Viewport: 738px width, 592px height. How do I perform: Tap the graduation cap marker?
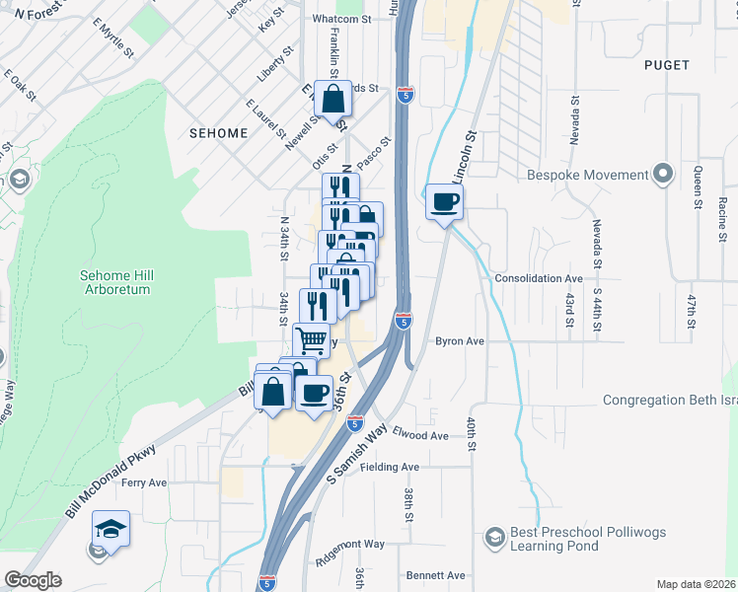click(111, 530)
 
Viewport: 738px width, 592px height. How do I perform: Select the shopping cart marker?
click(312, 340)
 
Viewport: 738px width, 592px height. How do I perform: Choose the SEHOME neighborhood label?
click(219, 133)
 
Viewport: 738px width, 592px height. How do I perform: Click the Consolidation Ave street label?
click(539, 279)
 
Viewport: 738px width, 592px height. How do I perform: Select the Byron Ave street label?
click(460, 341)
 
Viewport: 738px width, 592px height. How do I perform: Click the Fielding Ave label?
click(390, 467)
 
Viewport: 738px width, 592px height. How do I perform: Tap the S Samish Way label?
click(355, 453)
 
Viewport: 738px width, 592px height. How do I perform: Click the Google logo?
click(33, 580)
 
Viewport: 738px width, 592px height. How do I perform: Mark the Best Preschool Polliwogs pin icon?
click(495, 538)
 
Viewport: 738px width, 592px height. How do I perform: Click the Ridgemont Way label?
click(350, 544)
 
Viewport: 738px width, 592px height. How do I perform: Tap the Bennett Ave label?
click(435, 575)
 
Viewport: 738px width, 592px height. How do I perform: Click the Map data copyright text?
click(697, 584)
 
